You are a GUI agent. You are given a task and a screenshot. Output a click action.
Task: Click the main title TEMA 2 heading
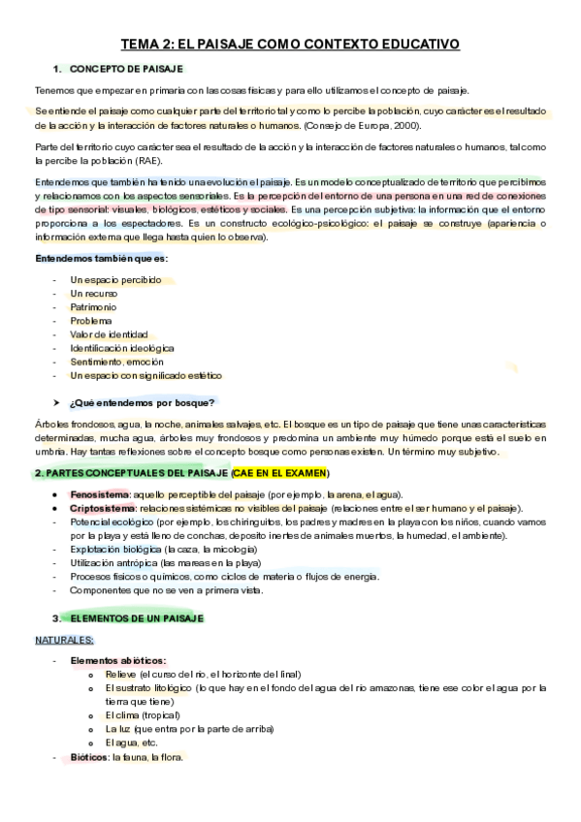[x=290, y=45]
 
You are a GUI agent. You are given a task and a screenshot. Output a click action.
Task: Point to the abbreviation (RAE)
[x=150, y=160]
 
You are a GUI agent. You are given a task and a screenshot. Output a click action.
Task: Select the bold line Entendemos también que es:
[x=101, y=259]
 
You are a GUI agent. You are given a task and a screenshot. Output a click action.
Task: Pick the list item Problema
[x=91, y=320]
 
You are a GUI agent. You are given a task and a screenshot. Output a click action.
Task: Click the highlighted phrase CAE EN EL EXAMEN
[x=280, y=473]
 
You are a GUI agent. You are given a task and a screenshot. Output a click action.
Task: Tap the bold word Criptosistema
[x=102, y=508]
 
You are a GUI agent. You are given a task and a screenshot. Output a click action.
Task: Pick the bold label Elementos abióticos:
[x=117, y=660]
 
